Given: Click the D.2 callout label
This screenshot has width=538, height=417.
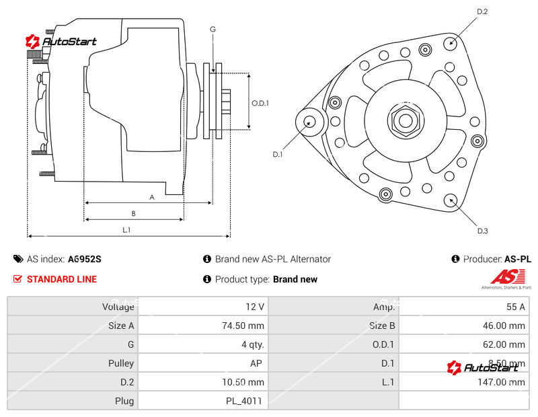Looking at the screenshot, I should [x=482, y=11].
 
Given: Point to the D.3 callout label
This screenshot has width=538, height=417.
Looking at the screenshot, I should [x=482, y=231].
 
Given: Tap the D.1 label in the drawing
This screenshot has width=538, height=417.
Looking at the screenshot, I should [x=277, y=154].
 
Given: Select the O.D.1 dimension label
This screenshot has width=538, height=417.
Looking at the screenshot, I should [x=260, y=103].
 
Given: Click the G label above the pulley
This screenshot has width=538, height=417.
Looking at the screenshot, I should [x=213, y=29].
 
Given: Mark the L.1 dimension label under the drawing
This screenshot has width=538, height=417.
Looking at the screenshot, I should [x=126, y=229].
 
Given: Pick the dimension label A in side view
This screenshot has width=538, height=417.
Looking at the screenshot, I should [x=152, y=197].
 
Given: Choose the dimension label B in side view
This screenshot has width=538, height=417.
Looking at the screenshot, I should [x=134, y=213].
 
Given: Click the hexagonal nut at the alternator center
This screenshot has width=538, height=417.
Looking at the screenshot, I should [x=404, y=120].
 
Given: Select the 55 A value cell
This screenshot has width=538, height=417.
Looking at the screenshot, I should [x=514, y=307].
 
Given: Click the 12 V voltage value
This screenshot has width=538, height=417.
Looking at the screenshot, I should [x=255, y=307].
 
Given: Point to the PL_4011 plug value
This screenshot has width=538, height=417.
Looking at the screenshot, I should [x=245, y=401].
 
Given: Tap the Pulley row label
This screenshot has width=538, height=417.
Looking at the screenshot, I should [x=121, y=363].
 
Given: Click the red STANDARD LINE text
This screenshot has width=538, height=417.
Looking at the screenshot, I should [x=62, y=279].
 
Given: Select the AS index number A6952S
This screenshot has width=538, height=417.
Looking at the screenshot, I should [x=85, y=259].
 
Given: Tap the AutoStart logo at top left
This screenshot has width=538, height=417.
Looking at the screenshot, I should [x=61, y=42].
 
